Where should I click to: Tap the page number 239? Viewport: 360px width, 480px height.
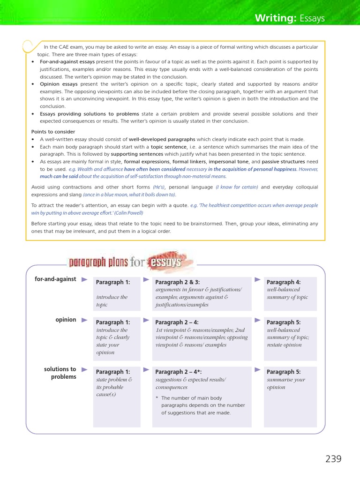pyautogui.click(x=333, y=459)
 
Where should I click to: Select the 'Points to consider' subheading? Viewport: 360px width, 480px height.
pyautogui.click(x=53, y=132)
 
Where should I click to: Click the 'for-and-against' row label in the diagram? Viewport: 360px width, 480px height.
pyautogui.click(x=55, y=279)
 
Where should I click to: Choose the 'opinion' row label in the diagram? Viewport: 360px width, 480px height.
pyautogui.click(x=66, y=320)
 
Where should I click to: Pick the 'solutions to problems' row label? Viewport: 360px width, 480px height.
pyautogui.click(x=60, y=373)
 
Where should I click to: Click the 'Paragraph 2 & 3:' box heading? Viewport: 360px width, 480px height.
pyautogui.click(x=177, y=282)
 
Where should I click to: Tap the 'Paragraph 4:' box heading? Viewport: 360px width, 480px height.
pyautogui.click(x=283, y=282)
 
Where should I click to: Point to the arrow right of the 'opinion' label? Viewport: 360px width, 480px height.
pyautogui.click(x=84, y=320)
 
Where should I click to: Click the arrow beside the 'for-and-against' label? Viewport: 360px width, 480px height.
pyautogui.click(x=84, y=279)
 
